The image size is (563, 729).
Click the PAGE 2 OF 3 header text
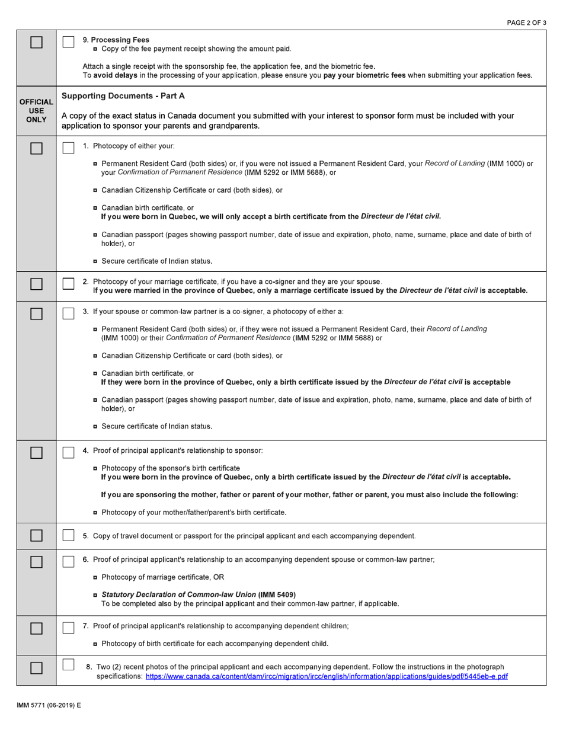click(x=526, y=22)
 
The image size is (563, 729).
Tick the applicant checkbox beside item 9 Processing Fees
click(x=69, y=42)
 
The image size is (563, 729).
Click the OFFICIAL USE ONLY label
click(x=36, y=111)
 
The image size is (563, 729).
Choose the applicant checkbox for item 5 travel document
click(x=69, y=536)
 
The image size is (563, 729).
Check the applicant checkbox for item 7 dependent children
click(x=69, y=626)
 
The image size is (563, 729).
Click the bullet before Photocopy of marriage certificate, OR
click(x=96, y=577)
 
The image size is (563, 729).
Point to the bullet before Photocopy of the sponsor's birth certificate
click(x=96, y=468)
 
